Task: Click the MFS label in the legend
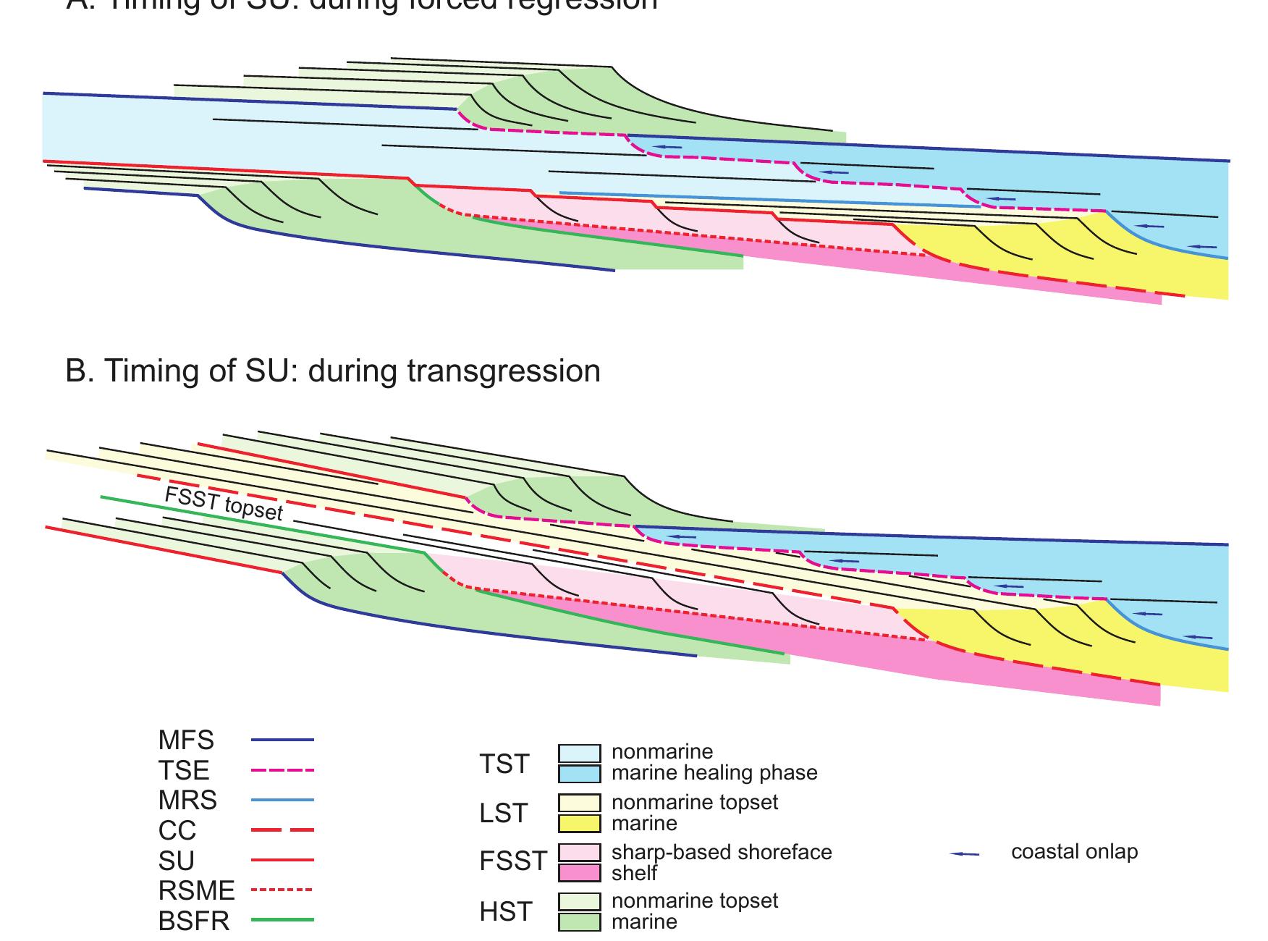(186, 740)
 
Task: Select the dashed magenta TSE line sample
(282, 770)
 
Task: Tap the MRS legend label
(187, 801)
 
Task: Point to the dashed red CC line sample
(282, 830)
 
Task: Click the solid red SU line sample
(282, 861)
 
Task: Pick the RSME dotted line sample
(282, 890)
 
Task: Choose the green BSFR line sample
(282, 921)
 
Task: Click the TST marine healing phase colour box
(579, 774)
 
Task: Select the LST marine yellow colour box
(579, 824)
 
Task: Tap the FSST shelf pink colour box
(579, 873)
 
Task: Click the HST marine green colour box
(579, 922)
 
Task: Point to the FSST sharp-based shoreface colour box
(579, 852)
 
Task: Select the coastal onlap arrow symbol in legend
(964, 854)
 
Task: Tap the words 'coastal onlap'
(1074, 852)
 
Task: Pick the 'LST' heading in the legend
(504, 814)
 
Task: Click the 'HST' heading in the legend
(505, 912)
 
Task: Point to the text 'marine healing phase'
(714, 773)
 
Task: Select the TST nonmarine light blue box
(579, 753)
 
